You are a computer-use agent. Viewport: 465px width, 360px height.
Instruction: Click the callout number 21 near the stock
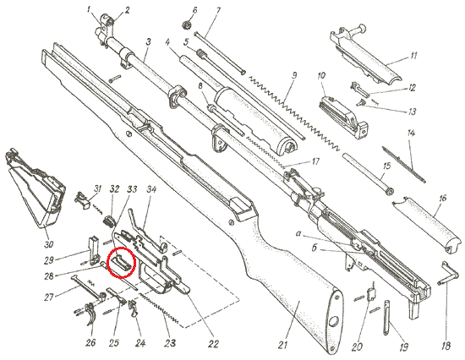[283, 345]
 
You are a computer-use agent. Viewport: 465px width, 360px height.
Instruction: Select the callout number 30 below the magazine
[49, 243]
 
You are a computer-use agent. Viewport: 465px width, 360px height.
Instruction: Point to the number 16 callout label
[442, 198]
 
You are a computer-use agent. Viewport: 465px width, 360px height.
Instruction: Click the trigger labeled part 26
[90, 314]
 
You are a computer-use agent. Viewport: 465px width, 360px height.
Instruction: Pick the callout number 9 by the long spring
[293, 75]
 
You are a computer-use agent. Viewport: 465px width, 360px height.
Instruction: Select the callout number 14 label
[411, 134]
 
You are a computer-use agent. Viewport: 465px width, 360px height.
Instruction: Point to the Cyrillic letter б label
[315, 248]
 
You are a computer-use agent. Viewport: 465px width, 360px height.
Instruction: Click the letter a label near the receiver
[299, 234]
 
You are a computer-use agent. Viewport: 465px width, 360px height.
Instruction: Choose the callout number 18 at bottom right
[446, 346]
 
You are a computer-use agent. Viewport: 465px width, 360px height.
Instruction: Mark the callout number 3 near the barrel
[148, 41]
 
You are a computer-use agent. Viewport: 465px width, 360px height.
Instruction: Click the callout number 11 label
[413, 56]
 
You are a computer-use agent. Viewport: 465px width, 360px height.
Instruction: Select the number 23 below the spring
[170, 343]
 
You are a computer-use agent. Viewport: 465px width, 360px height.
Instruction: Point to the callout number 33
[132, 189]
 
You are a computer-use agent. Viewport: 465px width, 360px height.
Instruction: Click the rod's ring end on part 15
[390, 192]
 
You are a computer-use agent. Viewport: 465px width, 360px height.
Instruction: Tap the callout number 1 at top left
[89, 9]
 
